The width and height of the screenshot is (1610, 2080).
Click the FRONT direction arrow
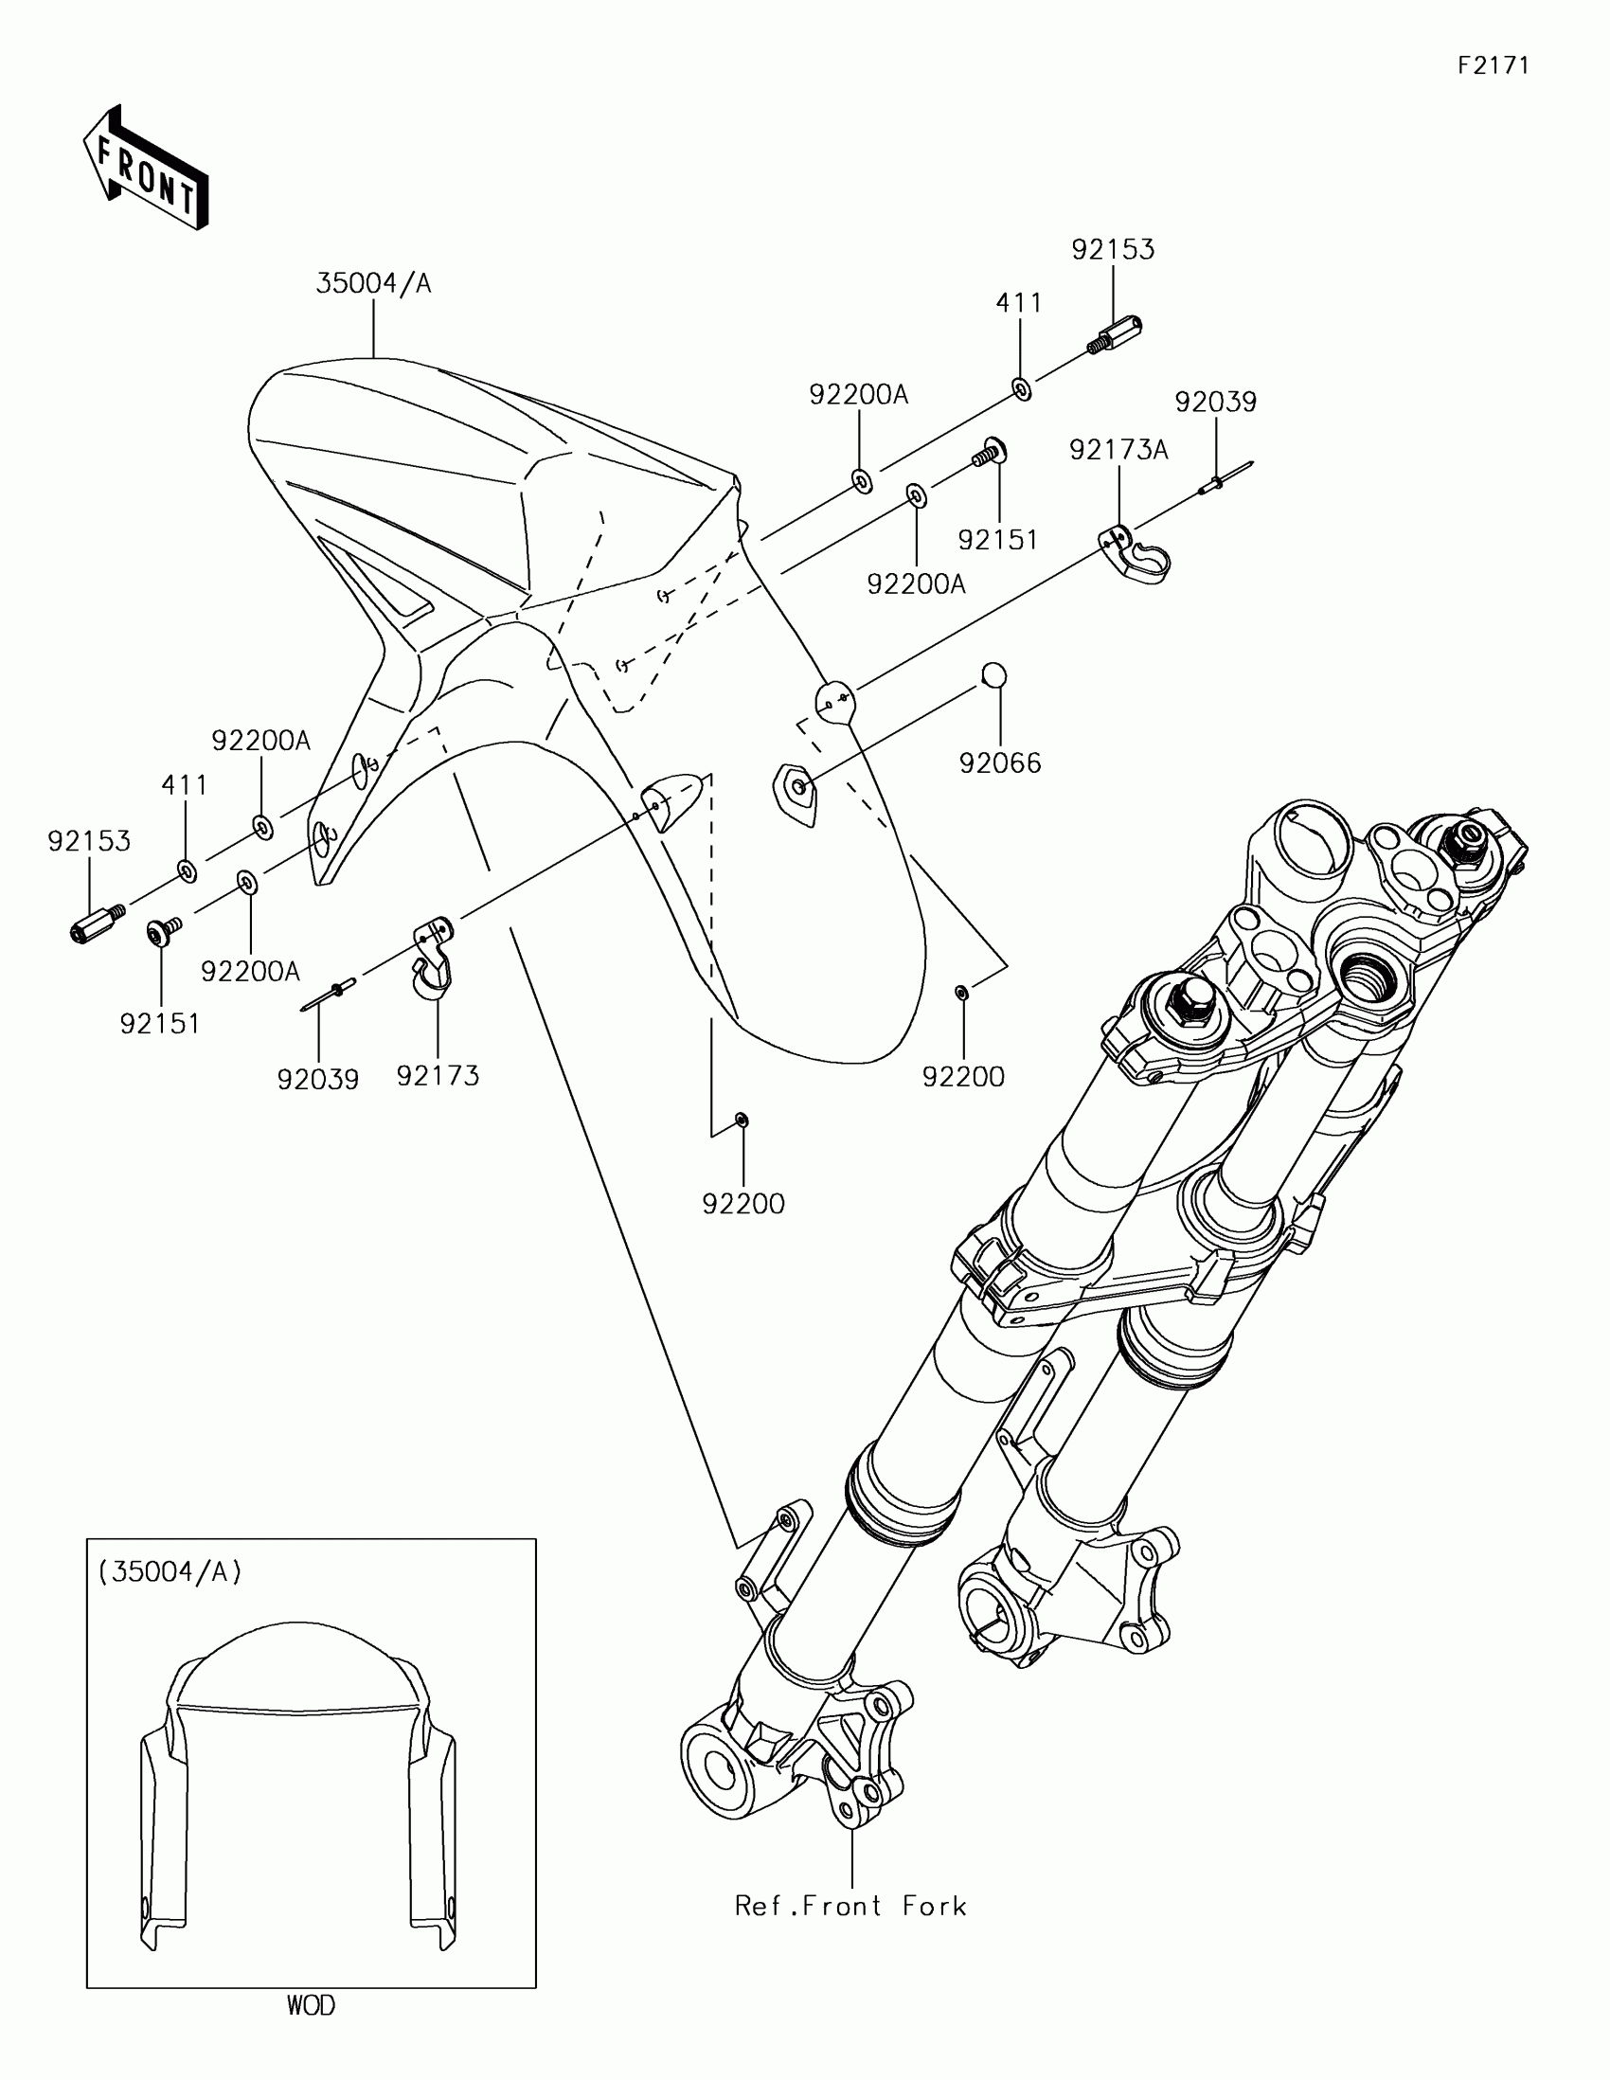point(146,167)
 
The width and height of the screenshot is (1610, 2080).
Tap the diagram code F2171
point(1493,64)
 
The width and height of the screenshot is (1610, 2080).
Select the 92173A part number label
point(1118,450)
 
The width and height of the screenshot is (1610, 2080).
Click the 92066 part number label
point(1000,762)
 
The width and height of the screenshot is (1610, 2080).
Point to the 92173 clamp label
point(438,1075)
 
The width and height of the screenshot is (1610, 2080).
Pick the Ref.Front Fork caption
point(850,1906)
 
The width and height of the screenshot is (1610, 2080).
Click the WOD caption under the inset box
point(311,2006)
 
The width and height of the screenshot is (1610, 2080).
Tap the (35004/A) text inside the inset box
point(170,1572)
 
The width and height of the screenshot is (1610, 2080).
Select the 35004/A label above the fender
point(373,283)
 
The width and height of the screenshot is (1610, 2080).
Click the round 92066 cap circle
point(994,674)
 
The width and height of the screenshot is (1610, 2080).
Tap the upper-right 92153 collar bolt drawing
point(1115,333)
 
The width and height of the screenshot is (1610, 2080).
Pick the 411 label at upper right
point(1019,303)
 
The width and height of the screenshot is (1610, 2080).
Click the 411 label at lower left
point(184,785)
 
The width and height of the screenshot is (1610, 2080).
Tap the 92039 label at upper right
point(1215,402)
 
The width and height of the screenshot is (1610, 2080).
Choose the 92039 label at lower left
point(318,1079)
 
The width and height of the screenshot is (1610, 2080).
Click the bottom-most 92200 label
point(742,1204)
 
